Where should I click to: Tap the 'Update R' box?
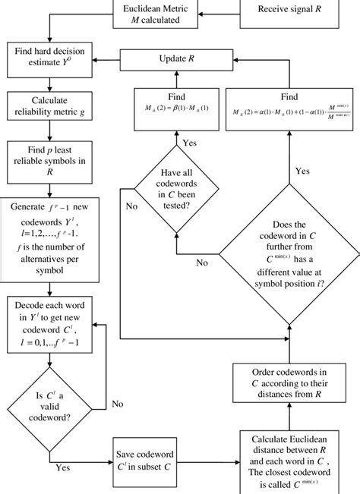[x=176, y=58]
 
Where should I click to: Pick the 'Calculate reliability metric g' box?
[x=49, y=106]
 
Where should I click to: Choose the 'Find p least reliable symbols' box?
[x=49, y=161]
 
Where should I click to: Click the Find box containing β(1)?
[x=176, y=107]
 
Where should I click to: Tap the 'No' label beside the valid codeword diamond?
[x=118, y=404]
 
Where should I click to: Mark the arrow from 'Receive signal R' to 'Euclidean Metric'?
[x=220, y=10]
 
